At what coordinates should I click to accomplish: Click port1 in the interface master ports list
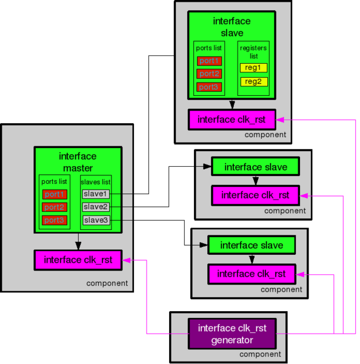tap(54, 194)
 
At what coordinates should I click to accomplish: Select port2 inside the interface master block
tap(54, 207)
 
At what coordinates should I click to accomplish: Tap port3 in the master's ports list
tap(54, 220)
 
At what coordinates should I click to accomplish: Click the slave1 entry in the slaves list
tap(95, 194)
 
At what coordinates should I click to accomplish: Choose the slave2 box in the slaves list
tap(95, 207)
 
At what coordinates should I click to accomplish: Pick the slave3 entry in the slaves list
tap(95, 220)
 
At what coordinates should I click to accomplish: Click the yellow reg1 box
tap(253, 68)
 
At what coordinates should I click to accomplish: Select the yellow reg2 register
tap(253, 81)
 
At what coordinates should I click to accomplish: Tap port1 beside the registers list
tap(209, 61)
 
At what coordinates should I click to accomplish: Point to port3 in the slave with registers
tap(209, 87)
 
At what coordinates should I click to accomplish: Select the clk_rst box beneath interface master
tap(78, 260)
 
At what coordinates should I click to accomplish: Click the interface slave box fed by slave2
tap(255, 166)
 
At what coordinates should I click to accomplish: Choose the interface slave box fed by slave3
tap(252, 245)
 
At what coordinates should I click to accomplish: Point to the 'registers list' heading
tap(253, 51)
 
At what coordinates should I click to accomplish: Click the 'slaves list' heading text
tap(96, 181)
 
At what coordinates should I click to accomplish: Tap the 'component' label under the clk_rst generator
tap(260, 354)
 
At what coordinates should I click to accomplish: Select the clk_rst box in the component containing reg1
tap(232, 119)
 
